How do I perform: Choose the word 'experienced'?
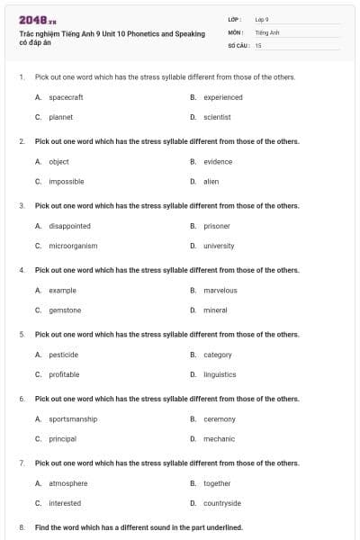222,97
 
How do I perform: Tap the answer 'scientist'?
217,117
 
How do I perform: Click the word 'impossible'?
67,181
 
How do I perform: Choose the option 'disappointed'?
69,226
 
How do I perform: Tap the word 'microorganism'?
73,246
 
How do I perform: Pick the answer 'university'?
219,246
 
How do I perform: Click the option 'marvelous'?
220,291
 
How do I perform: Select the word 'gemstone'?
65,310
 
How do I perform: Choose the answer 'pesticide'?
64,355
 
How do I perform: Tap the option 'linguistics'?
220,374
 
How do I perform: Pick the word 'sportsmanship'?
73,418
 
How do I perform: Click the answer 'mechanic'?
219,438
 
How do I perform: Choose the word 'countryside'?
222,503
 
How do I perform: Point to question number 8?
22,527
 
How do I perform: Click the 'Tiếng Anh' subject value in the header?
267,31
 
